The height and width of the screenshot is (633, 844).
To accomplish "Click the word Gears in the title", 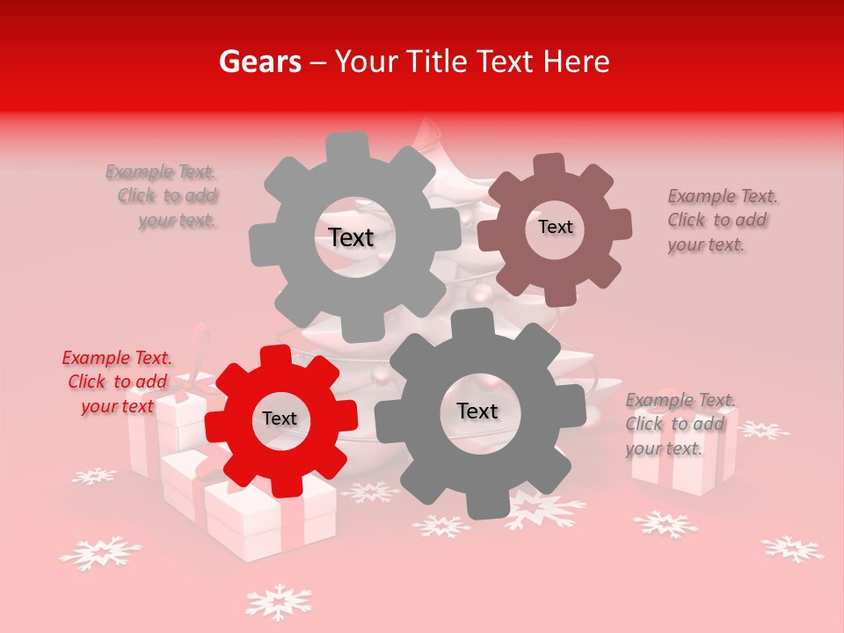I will [x=259, y=62].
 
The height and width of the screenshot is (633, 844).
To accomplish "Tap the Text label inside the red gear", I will [x=280, y=419].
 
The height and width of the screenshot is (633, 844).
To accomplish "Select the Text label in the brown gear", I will [x=555, y=227].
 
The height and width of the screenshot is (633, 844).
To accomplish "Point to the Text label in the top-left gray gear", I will [x=351, y=237].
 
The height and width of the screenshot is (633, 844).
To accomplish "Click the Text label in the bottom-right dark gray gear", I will [x=477, y=411].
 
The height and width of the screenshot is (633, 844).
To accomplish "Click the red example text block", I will [x=117, y=382].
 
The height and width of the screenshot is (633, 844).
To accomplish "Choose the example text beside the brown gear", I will [x=722, y=221].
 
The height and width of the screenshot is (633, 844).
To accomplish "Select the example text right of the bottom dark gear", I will [x=680, y=425].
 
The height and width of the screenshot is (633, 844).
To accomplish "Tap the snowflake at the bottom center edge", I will [x=278, y=603].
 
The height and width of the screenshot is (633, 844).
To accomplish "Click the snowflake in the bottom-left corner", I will [x=100, y=552].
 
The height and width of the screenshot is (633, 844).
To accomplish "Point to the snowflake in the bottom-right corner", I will [x=792, y=549].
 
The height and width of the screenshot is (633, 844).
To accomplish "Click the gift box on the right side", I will [x=684, y=466].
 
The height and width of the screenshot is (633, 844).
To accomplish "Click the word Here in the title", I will [x=577, y=62].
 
